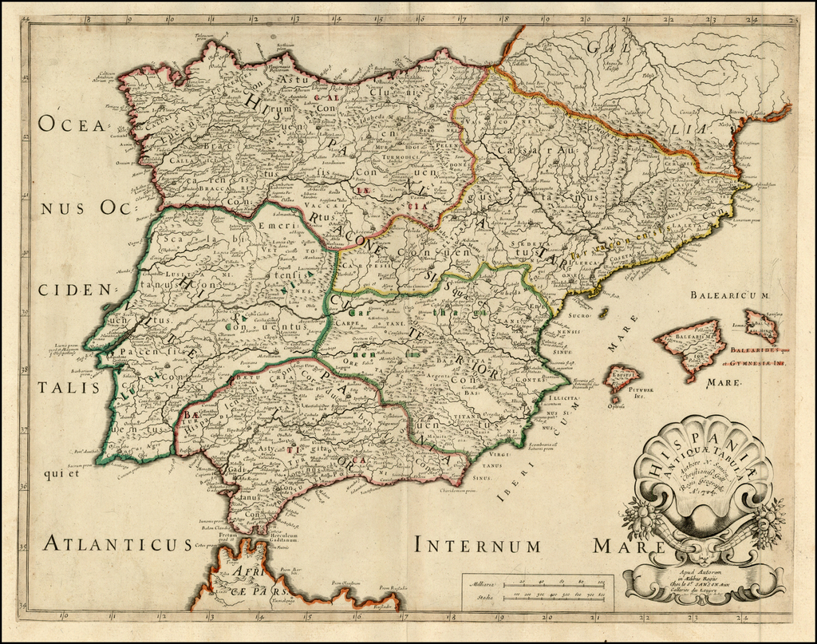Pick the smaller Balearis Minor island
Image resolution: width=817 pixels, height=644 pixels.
point(760,325)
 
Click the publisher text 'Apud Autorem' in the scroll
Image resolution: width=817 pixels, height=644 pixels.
point(702,573)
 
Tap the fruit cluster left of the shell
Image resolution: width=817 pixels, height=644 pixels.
point(639,517)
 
